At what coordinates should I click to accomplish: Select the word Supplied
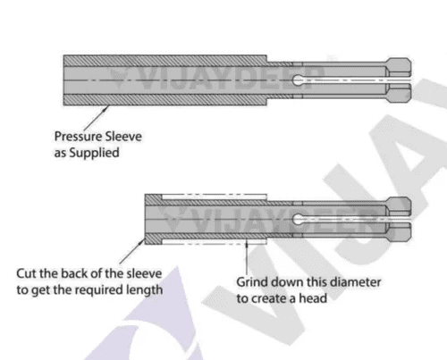(x=94, y=153)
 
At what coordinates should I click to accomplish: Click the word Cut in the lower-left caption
(x=26, y=273)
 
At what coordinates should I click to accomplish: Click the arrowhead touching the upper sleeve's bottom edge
(x=106, y=108)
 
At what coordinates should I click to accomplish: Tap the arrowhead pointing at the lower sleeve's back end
(x=142, y=241)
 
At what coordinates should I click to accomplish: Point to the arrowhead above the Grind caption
(x=247, y=244)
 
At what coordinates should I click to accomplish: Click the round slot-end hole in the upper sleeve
(x=297, y=80)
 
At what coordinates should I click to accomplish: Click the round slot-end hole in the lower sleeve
(x=297, y=219)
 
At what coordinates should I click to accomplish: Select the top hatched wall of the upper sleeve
(x=164, y=61)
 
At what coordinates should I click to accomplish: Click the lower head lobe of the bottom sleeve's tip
(x=399, y=232)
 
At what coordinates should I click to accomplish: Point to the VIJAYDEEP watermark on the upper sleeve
(x=216, y=78)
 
